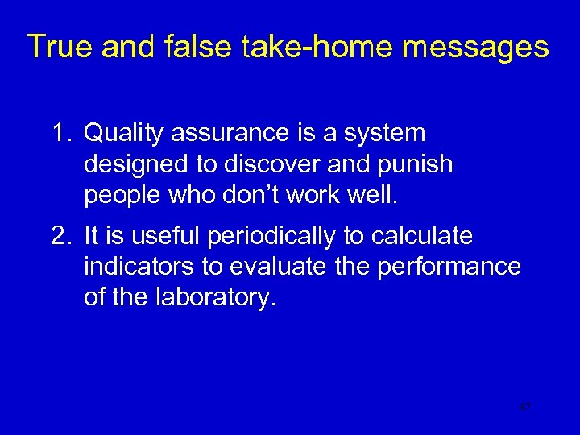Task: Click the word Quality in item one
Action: click(122, 132)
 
